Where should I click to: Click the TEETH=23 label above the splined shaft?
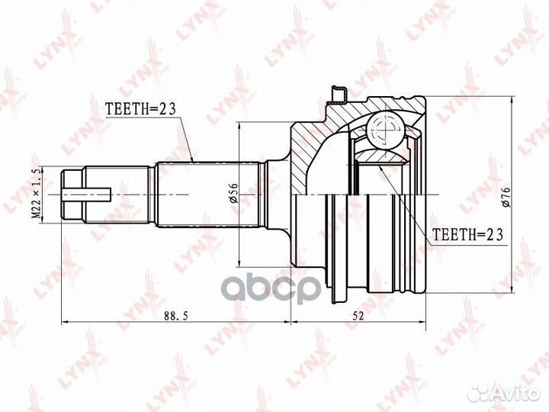coord(139,109)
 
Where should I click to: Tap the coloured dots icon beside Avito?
coord(478,391)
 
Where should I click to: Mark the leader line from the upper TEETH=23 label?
coord(186,137)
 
